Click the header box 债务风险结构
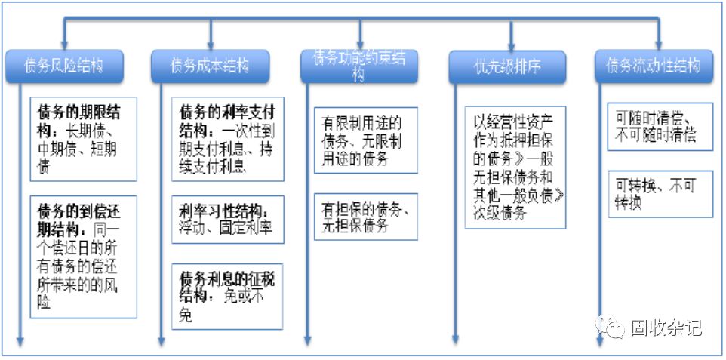pyautogui.click(x=63, y=66)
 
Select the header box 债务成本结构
pyautogui.click(x=210, y=66)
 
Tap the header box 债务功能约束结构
pyautogui.click(x=359, y=66)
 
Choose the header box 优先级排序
pyautogui.click(x=507, y=66)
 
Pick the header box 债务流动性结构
pyautogui.click(x=653, y=66)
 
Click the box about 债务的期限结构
pyautogui.click(x=83, y=139)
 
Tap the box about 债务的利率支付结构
pyautogui.click(x=227, y=139)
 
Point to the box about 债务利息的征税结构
pyautogui.click(x=227, y=295)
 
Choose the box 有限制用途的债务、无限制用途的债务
pyautogui.click(x=366, y=139)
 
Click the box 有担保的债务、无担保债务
pyautogui.click(x=366, y=217)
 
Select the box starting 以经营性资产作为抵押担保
pyautogui.click(x=515, y=167)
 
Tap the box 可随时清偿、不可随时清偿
pyautogui.click(x=660, y=126)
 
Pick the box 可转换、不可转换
pyautogui.click(x=660, y=194)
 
